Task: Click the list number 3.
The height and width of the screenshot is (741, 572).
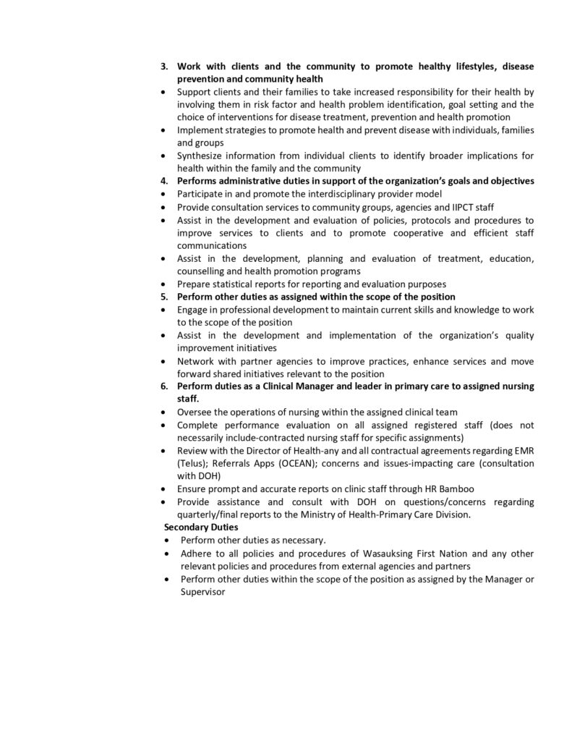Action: click(163, 67)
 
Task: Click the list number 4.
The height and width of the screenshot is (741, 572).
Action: click(163, 181)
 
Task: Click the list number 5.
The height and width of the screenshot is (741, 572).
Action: click(163, 297)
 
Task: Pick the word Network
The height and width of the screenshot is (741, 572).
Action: click(197, 361)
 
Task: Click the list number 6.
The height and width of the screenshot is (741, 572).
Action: click(163, 386)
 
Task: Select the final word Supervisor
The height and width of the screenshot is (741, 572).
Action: click(202, 592)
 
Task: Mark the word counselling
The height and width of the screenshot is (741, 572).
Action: click(203, 271)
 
